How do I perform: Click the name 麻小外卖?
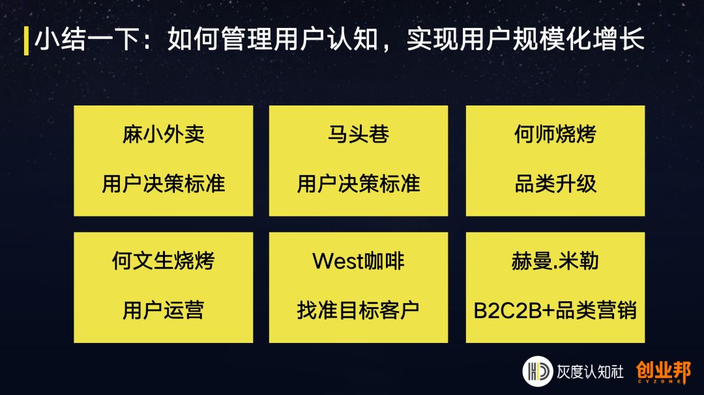[x=163, y=135]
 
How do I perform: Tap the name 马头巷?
[x=359, y=135]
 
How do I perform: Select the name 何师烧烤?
[x=555, y=135]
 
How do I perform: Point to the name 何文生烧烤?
[x=163, y=261]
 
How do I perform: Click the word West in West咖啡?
[x=336, y=261]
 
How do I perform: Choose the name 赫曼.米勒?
[x=555, y=261]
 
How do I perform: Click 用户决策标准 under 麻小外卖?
[x=163, y=184]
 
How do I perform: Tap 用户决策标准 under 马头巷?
[x=359, y=184]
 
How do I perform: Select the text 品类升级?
[x=555, y=184]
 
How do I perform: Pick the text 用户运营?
[x=163, y=310]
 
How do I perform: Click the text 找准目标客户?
[x=359, y=310]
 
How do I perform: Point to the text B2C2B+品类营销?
[x=555, y=310]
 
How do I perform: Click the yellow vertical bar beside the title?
[x=26, y=40]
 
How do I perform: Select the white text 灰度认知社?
[x=589, y=372]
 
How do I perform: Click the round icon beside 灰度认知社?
[x=537, y=372]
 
